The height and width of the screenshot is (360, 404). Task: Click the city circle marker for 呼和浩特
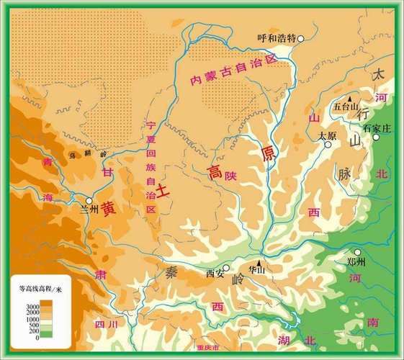(x=301, y=39)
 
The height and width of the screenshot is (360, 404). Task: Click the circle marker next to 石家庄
(x=374, y=137)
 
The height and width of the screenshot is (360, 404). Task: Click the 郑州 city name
(x=356, y=262)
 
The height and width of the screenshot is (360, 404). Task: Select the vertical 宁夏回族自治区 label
(x=151, y=166)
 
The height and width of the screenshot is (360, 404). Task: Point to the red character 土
(x=163, y=190)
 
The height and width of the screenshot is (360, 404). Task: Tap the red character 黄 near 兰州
(x=108, y=208)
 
